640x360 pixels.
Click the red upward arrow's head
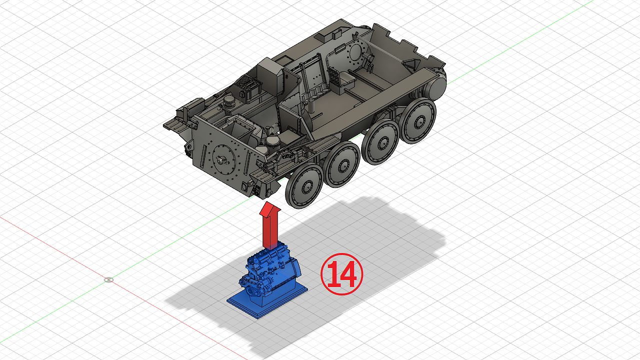[269, 209]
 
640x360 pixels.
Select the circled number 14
[341, 274]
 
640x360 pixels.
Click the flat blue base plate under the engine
[267, 301]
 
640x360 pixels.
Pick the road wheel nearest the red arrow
[304, 185]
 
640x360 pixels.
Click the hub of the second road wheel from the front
[343, 165]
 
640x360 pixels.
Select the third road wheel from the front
[380, 142]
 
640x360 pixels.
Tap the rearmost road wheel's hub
[419, 121]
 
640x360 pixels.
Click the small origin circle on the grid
[108, 279]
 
